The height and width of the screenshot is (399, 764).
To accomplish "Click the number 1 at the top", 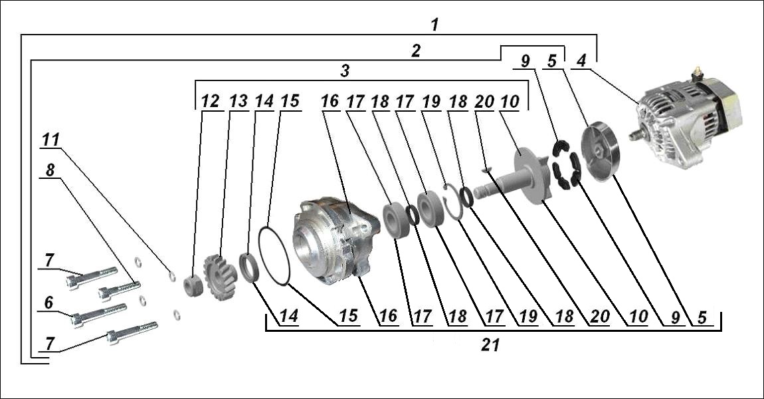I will pos(434,25).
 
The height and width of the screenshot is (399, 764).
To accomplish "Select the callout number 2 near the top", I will pos(415,51).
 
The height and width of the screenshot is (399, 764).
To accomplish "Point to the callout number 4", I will pos(581,62).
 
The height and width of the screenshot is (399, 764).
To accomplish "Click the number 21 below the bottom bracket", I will pos(491,345).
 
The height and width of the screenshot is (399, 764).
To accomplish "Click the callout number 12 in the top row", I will pos(210,101).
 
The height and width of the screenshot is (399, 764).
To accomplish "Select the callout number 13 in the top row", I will pos(238,101).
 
